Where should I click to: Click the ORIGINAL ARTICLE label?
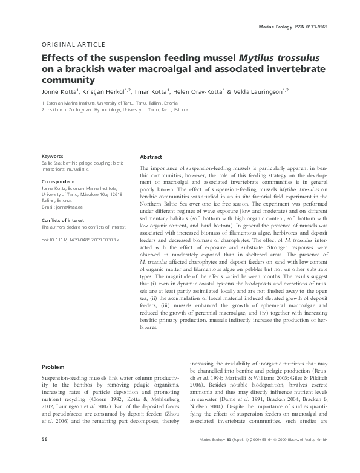(73, 44)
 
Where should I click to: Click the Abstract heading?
(151, 156)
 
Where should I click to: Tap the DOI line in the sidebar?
(80, 240)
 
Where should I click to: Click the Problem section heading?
(53, 367)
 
